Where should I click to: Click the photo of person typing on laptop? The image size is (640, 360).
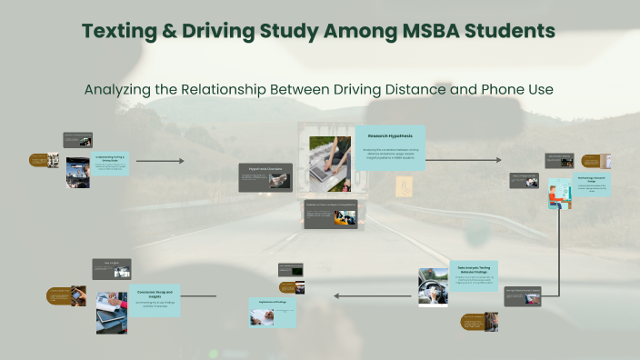click(330, 164)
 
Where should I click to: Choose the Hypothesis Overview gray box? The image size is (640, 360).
click(265, 177)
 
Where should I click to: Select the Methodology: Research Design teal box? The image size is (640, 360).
click(591, 185)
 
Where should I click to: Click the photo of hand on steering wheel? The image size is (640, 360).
click(433, 287)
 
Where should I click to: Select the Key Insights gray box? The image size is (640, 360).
click(111, 268)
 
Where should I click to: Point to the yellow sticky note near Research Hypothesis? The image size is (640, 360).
click(405, 185)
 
